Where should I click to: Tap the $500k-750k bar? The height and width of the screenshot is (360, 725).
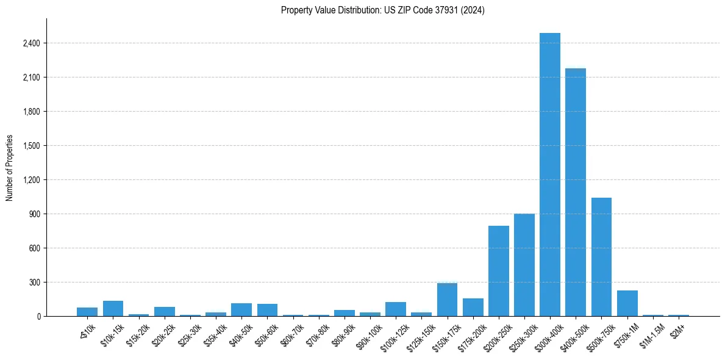click(x=601, y=257)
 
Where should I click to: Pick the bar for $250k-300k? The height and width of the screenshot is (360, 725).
click(x=524, y=265)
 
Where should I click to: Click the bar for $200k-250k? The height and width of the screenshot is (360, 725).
click(x=498, y=271)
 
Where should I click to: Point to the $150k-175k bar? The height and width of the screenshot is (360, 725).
click(x=447, y=300)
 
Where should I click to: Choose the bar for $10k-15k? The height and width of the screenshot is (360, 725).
click(x=113, y=309)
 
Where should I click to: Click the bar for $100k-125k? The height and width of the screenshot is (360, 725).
click(x=396, y=309)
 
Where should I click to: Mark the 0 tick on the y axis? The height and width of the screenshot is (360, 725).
click(x=38, y=317)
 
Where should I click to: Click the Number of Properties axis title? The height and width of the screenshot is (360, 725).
click(x=10, y=167)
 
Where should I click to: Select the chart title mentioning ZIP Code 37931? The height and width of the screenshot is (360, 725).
click(x=382, y=10)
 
